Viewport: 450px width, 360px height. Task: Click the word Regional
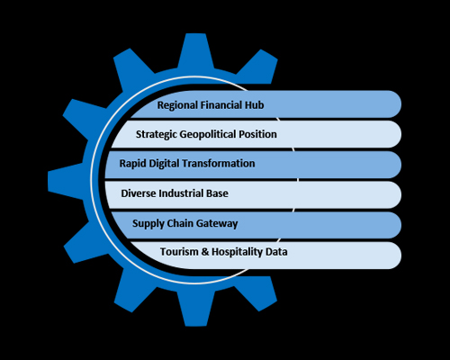(x=177, y=105)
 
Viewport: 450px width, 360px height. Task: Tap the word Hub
(x=255, y=105)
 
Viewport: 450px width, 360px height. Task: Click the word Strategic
(x=157, y=134)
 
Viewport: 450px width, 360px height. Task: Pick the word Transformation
(x=219, y=164)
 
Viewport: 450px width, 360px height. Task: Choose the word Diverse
(x=139, y=193)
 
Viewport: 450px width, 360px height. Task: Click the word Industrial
(x=181, y=193)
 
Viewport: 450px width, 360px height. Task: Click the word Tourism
(x=179, y=251)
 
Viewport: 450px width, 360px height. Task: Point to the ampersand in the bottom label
(x=205, y=251)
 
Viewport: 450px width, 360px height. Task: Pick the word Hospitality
(x=237, y=252)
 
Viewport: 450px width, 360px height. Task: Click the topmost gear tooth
(x=196, y=50)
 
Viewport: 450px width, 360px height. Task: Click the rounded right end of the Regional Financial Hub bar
(x=393, y=104)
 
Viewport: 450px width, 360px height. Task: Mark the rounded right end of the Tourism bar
(x=393, y=256)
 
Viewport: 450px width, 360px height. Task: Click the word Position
(x=257, y=134)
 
